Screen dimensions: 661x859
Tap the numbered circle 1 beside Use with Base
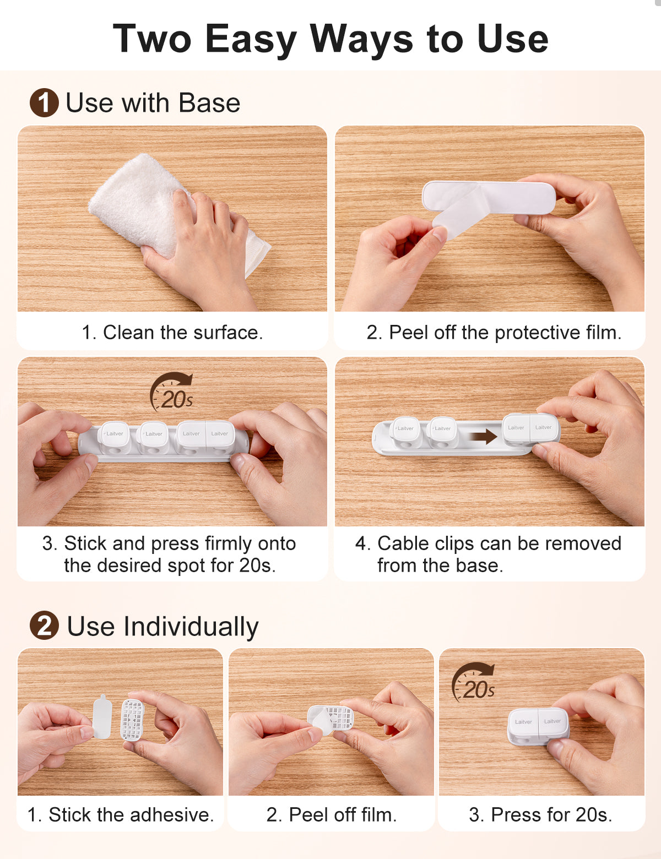44,102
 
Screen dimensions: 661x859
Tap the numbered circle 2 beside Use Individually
44,626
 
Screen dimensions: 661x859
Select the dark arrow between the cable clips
483,437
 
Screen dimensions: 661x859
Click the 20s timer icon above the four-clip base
172,392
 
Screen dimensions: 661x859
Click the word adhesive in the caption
171,814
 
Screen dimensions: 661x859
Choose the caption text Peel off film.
331,814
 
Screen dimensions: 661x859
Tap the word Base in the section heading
209,103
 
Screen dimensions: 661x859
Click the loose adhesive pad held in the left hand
102,716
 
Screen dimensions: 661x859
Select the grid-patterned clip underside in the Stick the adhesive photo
132,720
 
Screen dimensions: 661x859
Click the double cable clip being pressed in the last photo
538,727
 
